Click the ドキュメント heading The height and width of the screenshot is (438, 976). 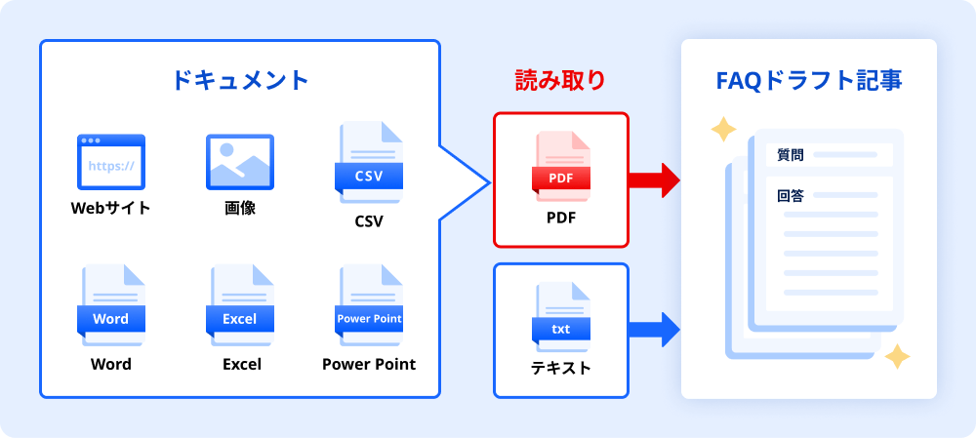239,80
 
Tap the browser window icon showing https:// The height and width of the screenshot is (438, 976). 110,162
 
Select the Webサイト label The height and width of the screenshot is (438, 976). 110,208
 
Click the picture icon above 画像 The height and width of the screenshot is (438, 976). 239,162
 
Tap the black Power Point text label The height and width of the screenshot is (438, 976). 369,364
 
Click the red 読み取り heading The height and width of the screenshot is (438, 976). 560,81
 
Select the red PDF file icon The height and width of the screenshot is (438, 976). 561,165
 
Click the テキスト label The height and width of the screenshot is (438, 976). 561,368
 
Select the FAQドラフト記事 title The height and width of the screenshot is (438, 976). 809,80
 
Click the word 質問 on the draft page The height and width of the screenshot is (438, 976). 791,154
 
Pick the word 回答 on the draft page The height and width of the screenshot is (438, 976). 791,195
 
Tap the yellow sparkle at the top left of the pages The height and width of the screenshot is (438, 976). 723,130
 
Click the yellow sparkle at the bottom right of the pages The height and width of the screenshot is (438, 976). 896,357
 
